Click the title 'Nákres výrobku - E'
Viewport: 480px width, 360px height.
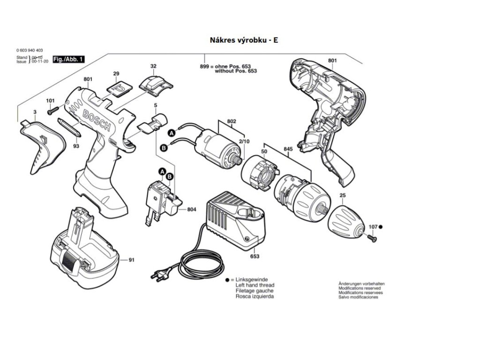click(244, 40)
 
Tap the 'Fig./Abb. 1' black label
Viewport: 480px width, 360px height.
click(68, 60)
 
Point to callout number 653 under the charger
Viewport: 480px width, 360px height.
click(255, 256)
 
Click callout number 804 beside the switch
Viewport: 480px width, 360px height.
click(191, 210)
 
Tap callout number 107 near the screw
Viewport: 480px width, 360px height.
click(373, 227)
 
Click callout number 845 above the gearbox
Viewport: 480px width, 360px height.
click(288, 150)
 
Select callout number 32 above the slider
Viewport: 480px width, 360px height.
click(153, 66)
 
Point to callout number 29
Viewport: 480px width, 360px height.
click(116, 74)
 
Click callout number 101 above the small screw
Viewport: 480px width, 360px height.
click(50, 101)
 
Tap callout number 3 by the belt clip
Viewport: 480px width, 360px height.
click(34, 112)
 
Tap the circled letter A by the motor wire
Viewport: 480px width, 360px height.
click(172, 134)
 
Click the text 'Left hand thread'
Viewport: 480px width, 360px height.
click(255, 285)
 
